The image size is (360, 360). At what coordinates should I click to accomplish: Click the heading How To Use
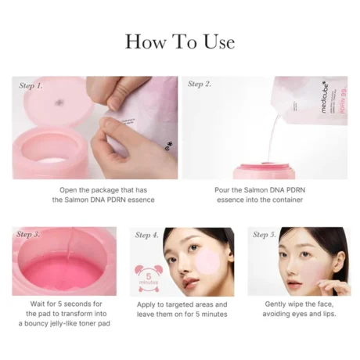[179, 41]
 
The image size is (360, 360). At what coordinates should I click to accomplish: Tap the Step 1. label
[31, 84]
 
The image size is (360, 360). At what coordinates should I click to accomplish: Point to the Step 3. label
[30, 234]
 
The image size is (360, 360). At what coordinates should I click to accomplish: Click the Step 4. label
[147, 234]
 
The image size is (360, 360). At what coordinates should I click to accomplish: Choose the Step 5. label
[265, 234]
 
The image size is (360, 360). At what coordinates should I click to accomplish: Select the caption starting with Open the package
[94, 195]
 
